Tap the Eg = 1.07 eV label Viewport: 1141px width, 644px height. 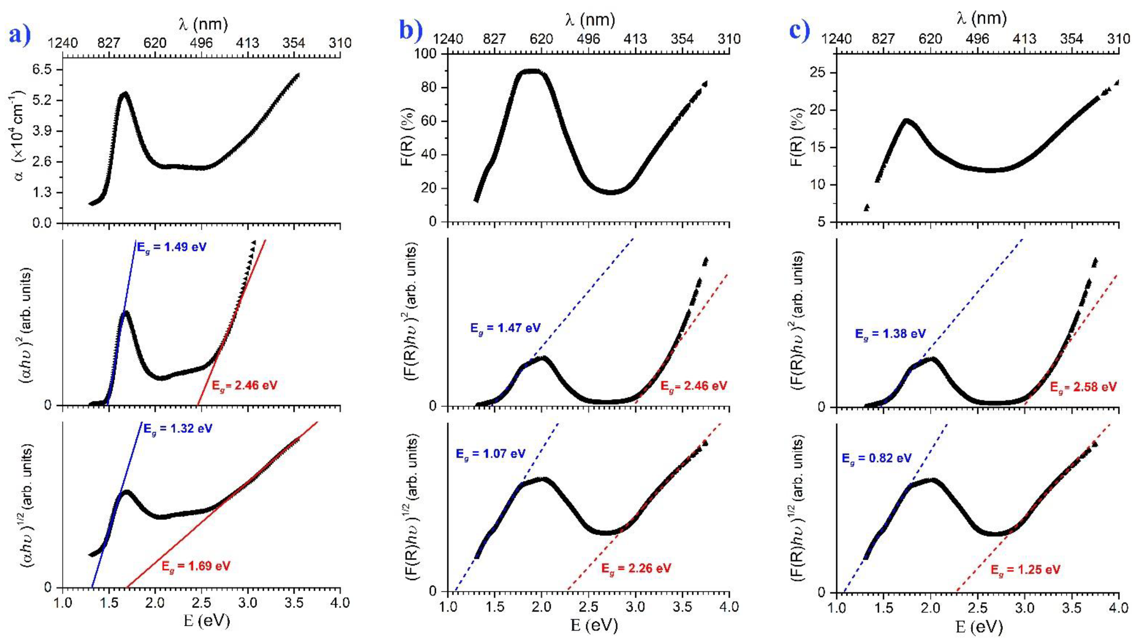click(491, 453)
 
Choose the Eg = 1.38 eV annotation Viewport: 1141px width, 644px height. click(890, 334)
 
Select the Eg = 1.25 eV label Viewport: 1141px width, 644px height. click(1026, 569)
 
